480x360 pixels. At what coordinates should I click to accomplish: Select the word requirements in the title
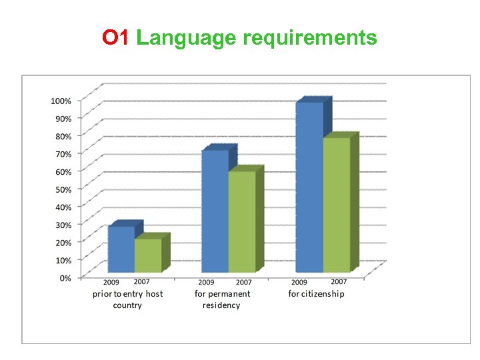click(310, 38)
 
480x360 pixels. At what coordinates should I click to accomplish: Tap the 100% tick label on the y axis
click(61, 101)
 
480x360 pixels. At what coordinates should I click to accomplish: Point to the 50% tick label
click(63, 189)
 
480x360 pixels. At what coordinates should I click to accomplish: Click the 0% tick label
click(65, 278)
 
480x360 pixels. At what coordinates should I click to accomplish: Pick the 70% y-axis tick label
click(63, 154)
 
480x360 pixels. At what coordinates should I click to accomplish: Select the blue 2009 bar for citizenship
click(309, 187)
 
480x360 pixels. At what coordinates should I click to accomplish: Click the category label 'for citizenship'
click(317, 294)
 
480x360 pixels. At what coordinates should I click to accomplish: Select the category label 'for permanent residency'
click(223, 299)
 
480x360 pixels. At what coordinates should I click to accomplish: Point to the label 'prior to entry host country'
click(127, 299)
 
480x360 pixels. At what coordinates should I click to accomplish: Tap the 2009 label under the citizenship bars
click(299, 283)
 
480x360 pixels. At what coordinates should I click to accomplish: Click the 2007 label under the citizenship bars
click(339, 282)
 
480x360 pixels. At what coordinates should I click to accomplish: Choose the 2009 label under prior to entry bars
click(111, 283)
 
